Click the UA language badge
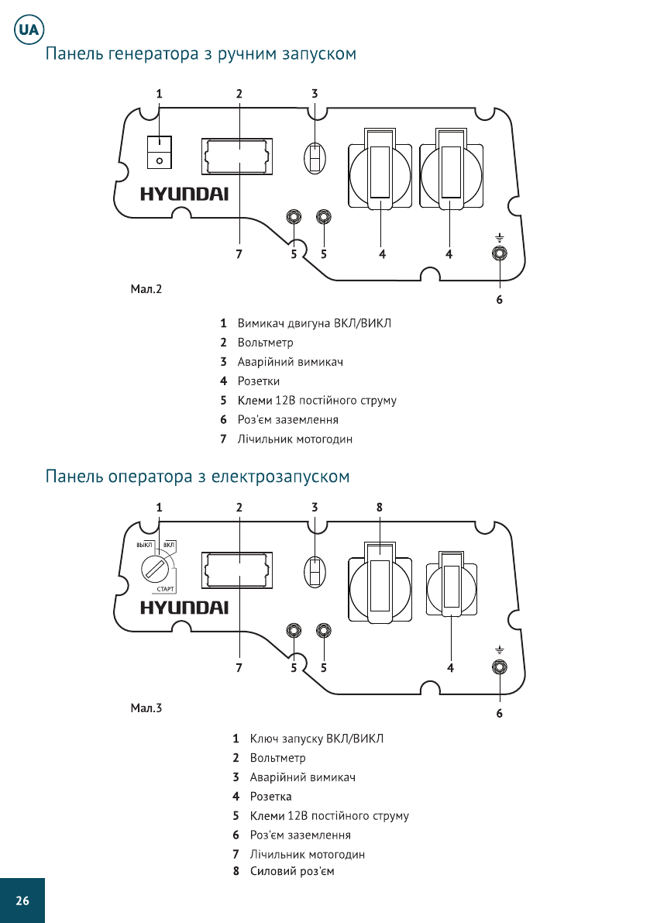[x=29, y=31]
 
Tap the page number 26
[x=22, y=901]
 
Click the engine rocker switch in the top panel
[x=159, y=152]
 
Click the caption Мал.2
[x=146, y=290]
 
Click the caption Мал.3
[x=146, y=708]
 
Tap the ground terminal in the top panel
[x=500, y=253]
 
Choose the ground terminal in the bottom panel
[x=500, y=667]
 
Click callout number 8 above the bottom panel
[x=380, y=507]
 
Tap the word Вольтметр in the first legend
[x=265, y=343]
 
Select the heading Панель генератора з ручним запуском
[x=201, y=55]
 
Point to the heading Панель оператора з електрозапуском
[x=198, y=476]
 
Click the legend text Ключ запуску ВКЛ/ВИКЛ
[x=316, y=738]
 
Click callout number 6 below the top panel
[x=500, y=299]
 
